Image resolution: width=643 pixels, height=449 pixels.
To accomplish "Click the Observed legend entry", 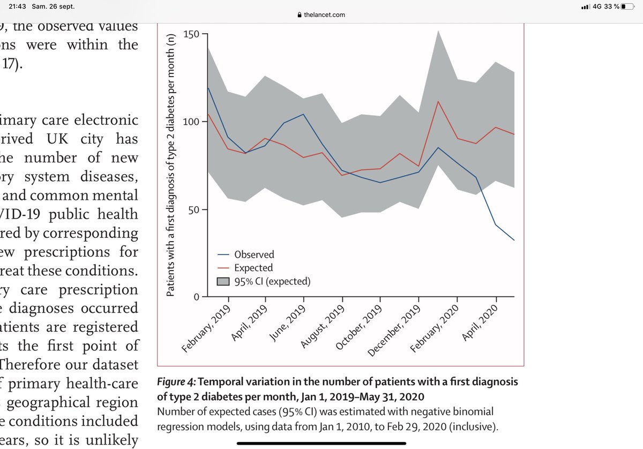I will click(x=254, y=255).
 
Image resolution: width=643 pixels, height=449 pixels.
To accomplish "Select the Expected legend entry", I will click(x=253, y=268).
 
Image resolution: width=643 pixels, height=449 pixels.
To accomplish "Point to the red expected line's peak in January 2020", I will click(x=439, y=101).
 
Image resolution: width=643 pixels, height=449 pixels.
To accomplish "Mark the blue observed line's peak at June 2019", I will click(x=304, y=114).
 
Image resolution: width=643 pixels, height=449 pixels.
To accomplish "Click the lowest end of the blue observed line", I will click(x=514, y=240).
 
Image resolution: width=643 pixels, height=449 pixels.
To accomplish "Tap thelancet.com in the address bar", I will click(x=325, y=15).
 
